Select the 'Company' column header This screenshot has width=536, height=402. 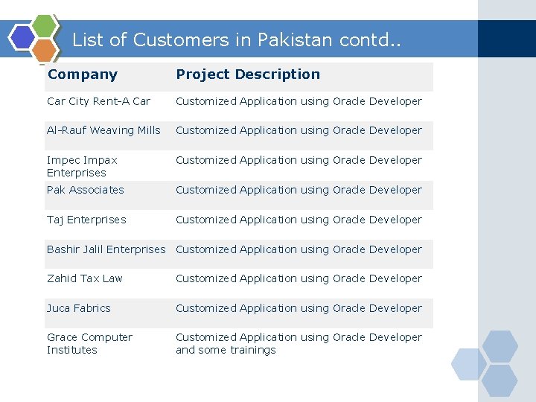coord(83,74)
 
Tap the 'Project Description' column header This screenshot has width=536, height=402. coord(248,74)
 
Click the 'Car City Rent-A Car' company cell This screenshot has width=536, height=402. coord(98,101)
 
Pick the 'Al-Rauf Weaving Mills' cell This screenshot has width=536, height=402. coord(103,130)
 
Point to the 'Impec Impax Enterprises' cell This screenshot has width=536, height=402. coord(82,166)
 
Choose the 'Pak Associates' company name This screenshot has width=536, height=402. coord(86,190)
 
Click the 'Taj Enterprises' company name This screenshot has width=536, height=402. coord(86,220)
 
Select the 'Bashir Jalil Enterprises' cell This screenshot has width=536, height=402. coord(106,249)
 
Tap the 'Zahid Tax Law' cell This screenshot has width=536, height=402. coord(85,278)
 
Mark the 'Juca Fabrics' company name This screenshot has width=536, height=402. coord(78,308)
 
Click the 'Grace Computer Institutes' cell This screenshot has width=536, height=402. coord(89,343)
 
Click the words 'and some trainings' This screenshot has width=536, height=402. coord(226,350)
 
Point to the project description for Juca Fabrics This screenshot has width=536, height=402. coord(299,308)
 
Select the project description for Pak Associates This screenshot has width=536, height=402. coord(299,190)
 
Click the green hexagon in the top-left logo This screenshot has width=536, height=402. coord(46,27)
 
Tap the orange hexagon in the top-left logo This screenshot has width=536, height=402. coord(45,51)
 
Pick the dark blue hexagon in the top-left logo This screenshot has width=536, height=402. coord(23,36)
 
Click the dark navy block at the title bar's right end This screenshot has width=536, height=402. coord(506,39)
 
